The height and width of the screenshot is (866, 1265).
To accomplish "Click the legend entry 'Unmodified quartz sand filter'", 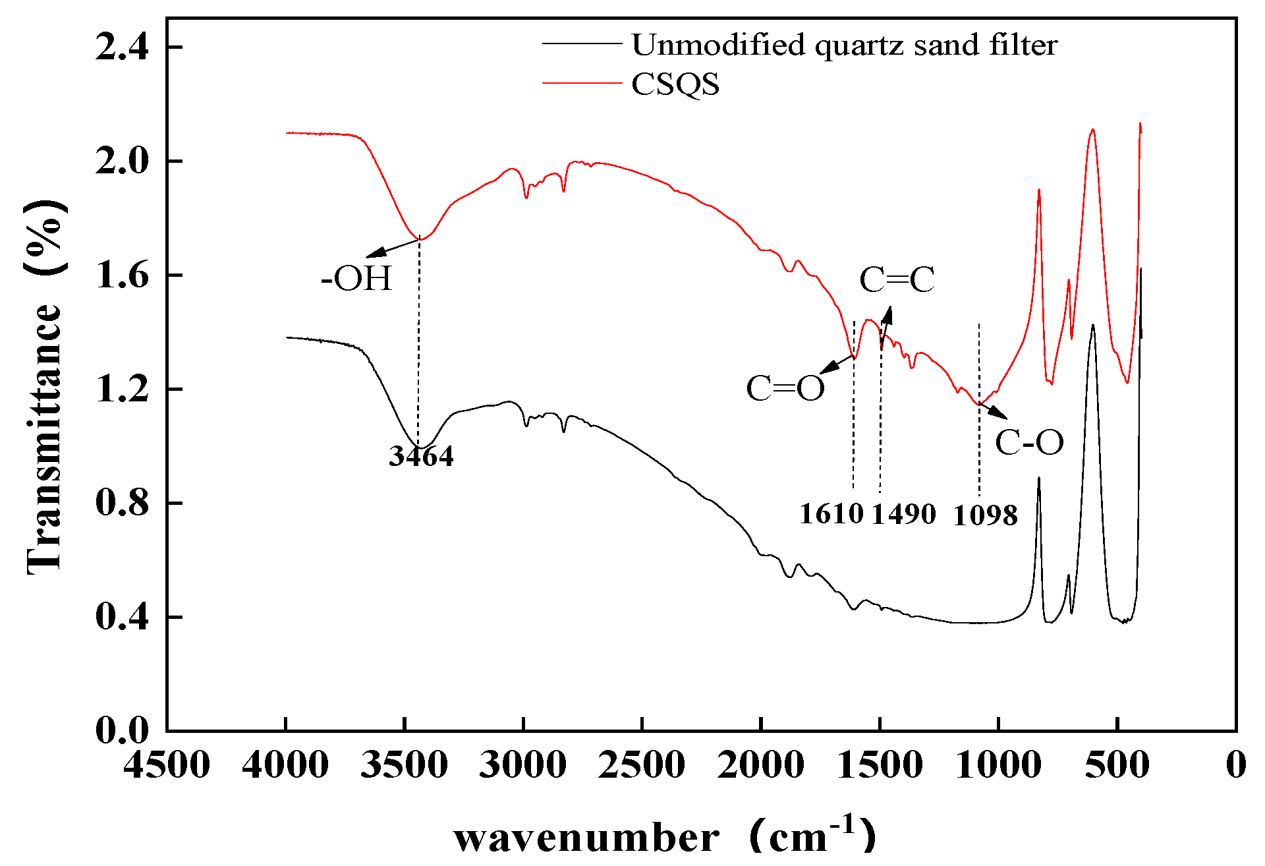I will pos(844,45).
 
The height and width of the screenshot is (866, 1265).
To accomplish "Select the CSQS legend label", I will pos(675,84).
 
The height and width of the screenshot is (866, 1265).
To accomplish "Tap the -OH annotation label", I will pos(356,278).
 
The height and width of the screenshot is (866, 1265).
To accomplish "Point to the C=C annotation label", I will pos(897,280).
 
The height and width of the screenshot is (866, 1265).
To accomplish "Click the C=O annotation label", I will pos(785,389).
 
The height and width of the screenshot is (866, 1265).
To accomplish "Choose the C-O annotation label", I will pos(1029,442).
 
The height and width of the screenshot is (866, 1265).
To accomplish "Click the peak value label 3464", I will pos(421,456).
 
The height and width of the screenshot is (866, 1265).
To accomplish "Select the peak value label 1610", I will pos(831,514).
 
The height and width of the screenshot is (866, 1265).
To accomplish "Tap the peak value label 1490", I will pos(904,514).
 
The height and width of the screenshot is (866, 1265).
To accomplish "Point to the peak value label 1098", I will pos(986,515).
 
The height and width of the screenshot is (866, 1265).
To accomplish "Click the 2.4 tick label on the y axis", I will pos(123,47).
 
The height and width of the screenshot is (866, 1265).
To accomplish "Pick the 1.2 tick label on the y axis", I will pos(123,389).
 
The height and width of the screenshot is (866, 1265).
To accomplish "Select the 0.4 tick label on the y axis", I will pos(123,617).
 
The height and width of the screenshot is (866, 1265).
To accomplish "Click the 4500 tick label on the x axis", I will pos(167,766).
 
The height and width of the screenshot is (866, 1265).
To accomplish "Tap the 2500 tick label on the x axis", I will pos(642,766).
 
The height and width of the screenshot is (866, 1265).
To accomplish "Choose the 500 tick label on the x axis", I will pos(1117,766).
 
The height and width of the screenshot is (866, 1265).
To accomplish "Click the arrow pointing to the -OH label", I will pos(393,248).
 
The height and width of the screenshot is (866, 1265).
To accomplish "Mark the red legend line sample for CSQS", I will pos(582,84).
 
